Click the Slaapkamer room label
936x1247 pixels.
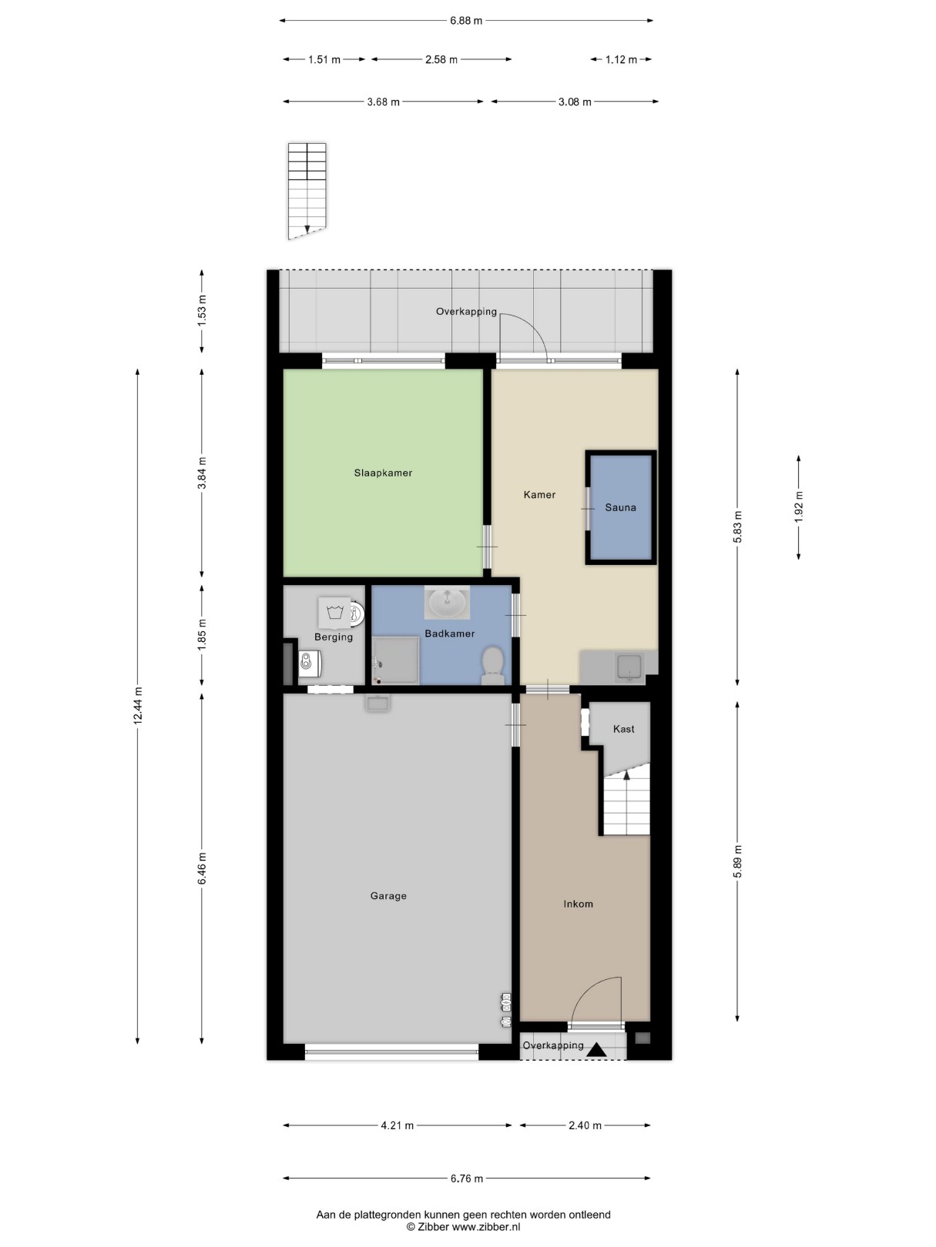click(382, 473)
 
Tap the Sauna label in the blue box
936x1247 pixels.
click(620, 507)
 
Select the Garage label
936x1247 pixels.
click(388, 896)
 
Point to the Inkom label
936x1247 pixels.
click(578, 904)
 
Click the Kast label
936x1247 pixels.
click(623, 729)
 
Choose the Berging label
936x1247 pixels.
click(334, 637)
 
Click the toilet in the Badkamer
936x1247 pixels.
click(492, 666)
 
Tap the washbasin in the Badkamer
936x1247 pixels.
click(448, 602)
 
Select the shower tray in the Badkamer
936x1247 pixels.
click(395, 660)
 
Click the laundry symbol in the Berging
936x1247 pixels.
click(335, 613)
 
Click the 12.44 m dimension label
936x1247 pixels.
click(138, 705)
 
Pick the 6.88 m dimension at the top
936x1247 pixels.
click(466, 21)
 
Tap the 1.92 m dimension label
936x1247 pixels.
click(798, 506)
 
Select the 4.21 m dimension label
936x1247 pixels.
click(398, 1125)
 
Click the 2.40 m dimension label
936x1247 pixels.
click(585, 1125)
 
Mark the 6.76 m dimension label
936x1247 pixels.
click(467, 1178)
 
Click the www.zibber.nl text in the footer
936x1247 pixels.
click(486, 1226)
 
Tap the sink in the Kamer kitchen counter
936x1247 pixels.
click(629, 667)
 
